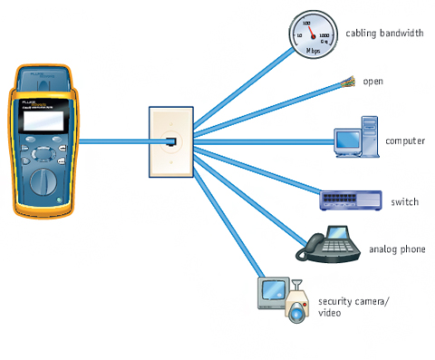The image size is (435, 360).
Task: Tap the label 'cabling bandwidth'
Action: [385, 34]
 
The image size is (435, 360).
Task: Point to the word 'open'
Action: [372, 82]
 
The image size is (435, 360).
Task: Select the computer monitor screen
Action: [348, 139]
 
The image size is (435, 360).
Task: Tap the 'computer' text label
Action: [405, 141]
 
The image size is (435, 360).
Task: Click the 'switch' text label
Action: [404, 201]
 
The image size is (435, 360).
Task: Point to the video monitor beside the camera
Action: [273, 292]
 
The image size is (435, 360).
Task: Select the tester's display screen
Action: [42, 115]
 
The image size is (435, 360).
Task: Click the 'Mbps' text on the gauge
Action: [313, 50]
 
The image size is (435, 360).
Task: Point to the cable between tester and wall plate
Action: [113, 140]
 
